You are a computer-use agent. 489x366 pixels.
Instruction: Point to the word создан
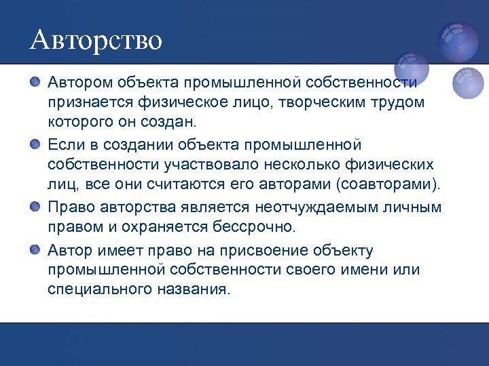170,123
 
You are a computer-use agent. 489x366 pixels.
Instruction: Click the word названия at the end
199,289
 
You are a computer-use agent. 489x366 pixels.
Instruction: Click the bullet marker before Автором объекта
35,82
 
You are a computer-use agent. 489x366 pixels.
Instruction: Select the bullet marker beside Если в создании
35,144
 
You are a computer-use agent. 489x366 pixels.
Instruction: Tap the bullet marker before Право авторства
35,206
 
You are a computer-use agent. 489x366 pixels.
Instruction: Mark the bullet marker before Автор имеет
35,249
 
